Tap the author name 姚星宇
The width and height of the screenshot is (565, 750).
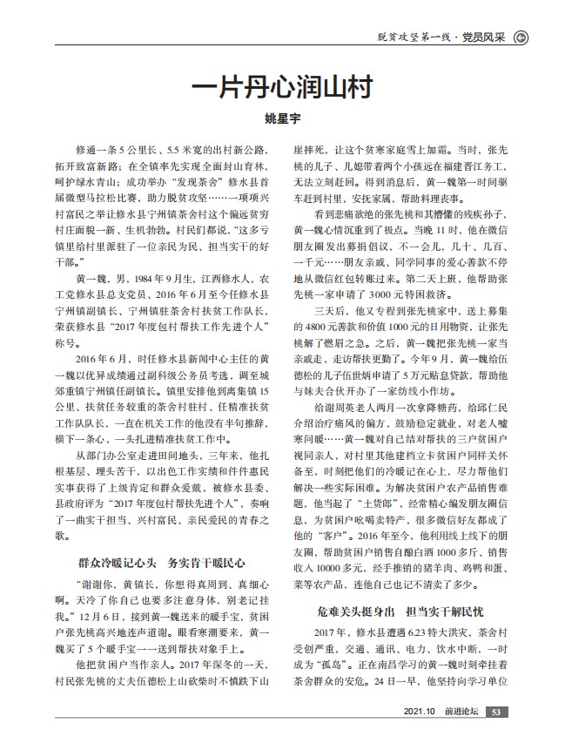[x=281, y=119]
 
